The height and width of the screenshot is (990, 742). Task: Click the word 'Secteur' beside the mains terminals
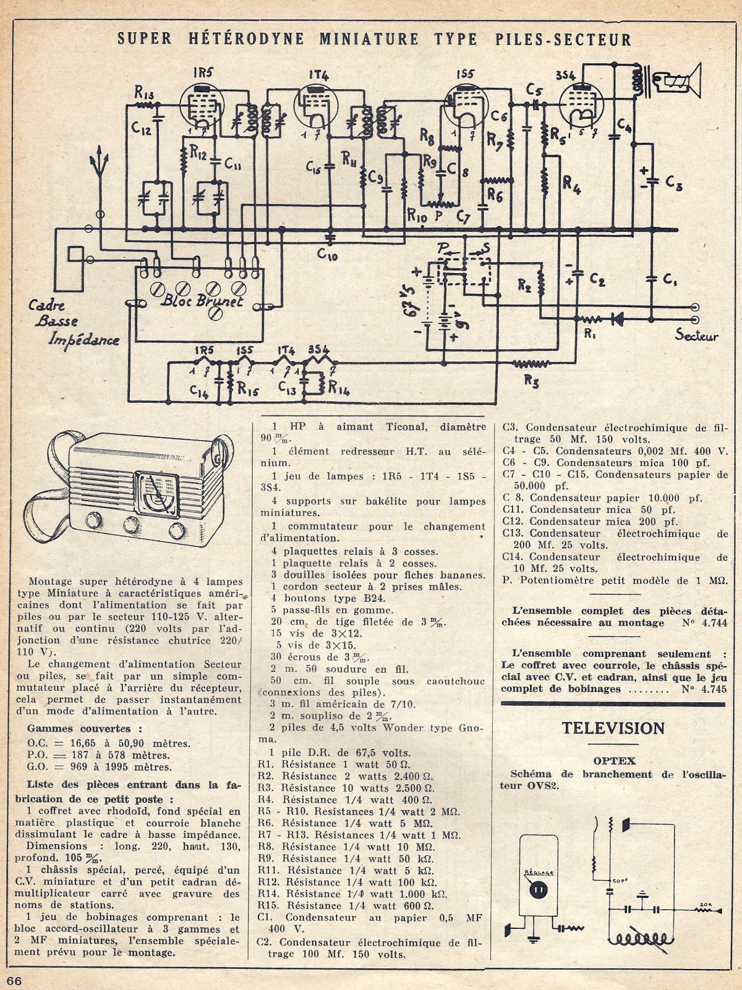click(697, 336)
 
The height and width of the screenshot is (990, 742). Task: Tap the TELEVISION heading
click(613, 728)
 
